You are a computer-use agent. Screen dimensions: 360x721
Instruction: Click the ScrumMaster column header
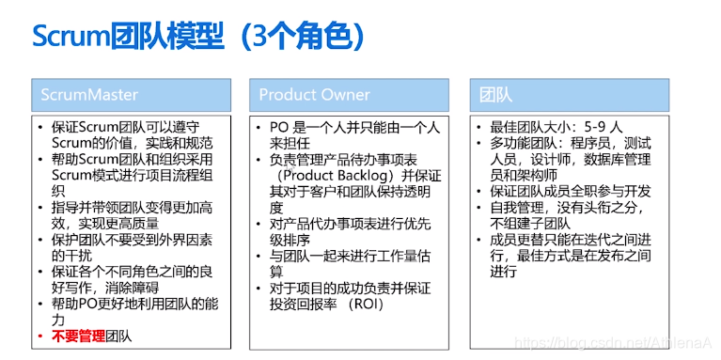pos(89,95)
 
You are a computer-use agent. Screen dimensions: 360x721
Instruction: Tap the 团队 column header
pos(495,95)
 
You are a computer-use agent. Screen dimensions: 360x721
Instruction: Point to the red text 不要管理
pos(78,336)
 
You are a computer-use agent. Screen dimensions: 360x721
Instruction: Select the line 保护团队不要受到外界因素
pos(132,240)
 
